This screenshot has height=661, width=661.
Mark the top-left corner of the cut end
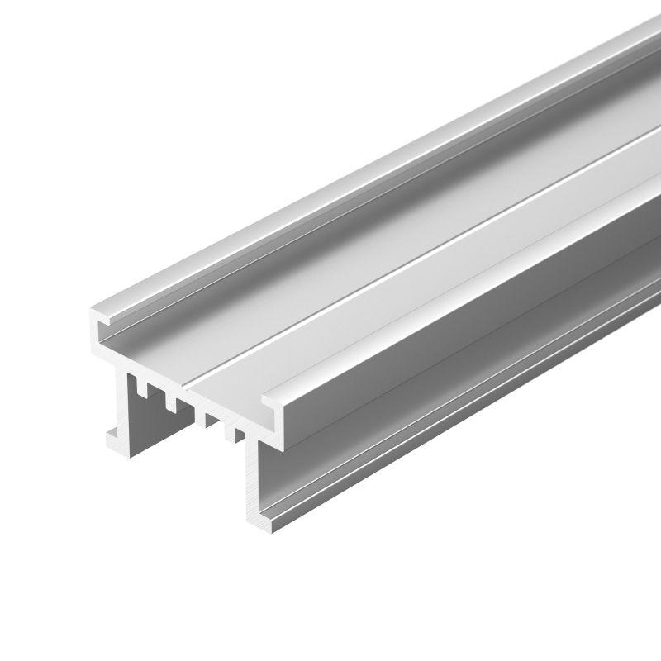[x=88, y=312]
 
